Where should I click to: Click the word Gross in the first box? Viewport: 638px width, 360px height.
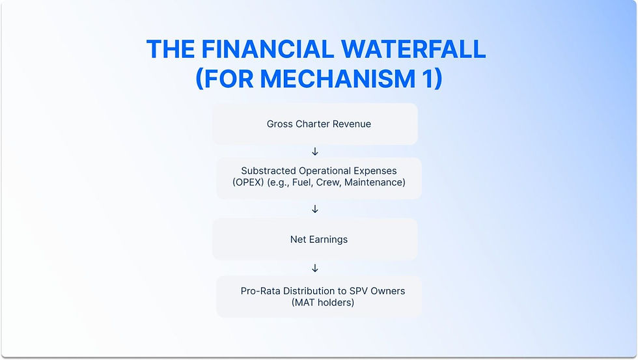280,124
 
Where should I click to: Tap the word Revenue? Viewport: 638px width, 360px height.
353,124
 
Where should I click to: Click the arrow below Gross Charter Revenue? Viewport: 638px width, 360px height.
315,152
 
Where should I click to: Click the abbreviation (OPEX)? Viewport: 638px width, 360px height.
246,182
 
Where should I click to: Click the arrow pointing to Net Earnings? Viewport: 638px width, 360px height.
315,209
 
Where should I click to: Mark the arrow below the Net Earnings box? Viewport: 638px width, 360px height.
315,268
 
